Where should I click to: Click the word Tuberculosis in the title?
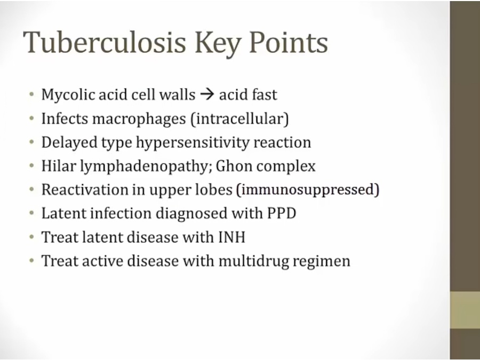coord(105,42)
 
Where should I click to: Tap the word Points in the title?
coord(289,42)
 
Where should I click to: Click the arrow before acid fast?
coord(206,94)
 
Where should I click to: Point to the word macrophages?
coord(139,119)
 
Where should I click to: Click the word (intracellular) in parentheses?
coord(239,118)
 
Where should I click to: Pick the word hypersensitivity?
coord(193,142)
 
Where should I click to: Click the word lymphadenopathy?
coord(146,166)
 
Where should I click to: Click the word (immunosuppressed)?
coord(308,190)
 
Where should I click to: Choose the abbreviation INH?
coord(232,237)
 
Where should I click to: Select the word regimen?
coord(322,261)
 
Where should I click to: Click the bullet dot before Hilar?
coord(31,166)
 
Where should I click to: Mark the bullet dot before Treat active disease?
coord(31,261)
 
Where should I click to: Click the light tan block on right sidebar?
coord(465,310)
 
